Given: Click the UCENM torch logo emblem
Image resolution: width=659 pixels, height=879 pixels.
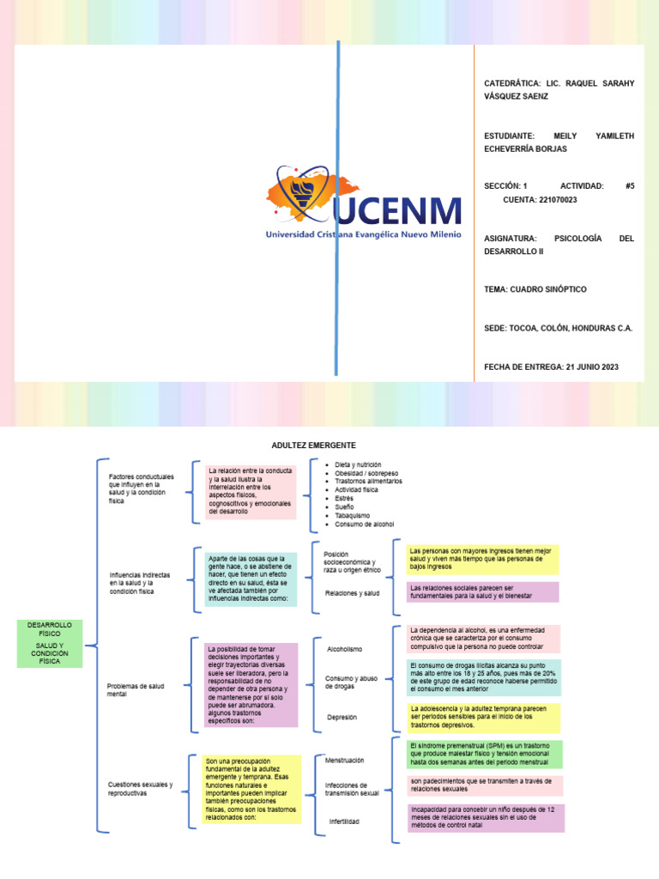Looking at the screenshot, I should tap(300, 196).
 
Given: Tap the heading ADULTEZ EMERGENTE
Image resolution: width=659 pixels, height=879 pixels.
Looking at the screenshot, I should tap(313, 446).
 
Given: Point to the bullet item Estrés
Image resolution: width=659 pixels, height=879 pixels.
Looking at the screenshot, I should tap(345, 499).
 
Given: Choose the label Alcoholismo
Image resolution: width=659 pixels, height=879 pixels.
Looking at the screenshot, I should tap(345, 649).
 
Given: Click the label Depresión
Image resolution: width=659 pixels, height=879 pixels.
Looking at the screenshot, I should tap(342, 717).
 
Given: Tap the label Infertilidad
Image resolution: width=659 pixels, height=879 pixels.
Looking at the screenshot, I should tap(344, 821).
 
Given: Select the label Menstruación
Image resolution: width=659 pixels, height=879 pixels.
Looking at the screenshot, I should tap(345, 760).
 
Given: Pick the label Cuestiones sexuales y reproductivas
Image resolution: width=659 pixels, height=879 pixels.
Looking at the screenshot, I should tap(141, 789).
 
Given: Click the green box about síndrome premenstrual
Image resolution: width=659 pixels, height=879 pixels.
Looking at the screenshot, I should tap(485, 755).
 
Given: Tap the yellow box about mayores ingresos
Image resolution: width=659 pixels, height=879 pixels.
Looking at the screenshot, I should tap(483, 558).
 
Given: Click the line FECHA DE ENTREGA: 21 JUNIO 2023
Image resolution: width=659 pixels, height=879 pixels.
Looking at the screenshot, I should tap(551, 367).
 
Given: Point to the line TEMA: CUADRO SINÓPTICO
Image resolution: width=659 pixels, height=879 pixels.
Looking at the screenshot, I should tap(535, 289).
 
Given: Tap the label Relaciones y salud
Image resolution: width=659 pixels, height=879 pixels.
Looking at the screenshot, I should tap(352, 593).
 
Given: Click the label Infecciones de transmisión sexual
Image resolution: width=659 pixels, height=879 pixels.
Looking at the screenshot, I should tap(352, 789).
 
